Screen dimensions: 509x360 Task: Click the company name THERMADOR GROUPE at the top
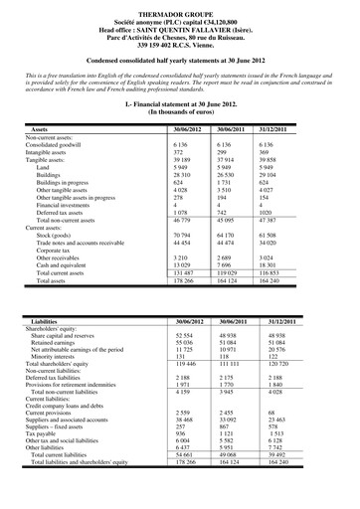pyautogui.click(x=179, y=8)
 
